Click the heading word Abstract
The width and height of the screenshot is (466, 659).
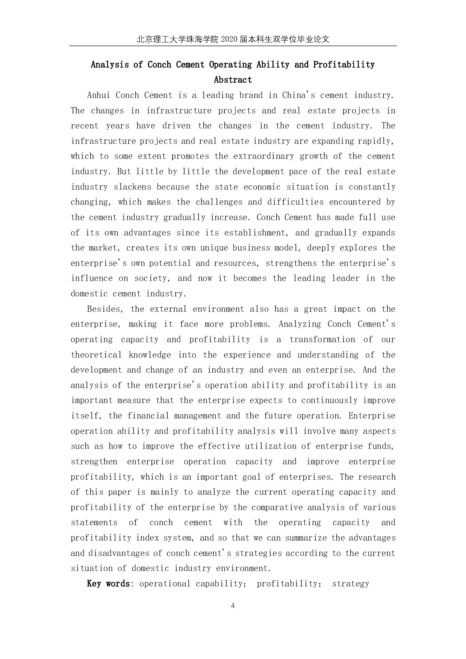233,80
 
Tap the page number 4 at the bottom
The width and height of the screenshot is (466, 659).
233,606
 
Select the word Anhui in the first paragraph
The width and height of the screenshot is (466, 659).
98,95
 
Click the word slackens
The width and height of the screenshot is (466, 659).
132,187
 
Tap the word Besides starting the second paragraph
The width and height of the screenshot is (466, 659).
105,309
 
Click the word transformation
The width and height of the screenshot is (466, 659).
322,340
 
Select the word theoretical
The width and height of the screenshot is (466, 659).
96,355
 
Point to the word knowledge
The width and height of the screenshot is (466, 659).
150,355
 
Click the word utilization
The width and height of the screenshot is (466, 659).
269,446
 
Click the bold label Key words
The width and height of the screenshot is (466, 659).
108,584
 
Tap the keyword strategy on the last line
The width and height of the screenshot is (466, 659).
350,584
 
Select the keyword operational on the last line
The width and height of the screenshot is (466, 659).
165,584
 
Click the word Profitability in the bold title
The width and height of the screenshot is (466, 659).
344,65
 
